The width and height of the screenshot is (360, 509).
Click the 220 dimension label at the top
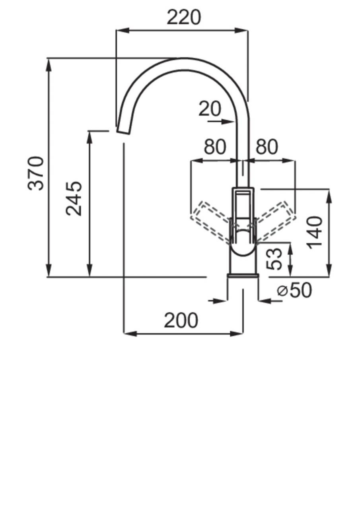coord(184,17)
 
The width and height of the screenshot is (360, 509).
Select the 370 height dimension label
coord(36,173)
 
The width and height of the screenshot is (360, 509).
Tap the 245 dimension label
coord(74,198)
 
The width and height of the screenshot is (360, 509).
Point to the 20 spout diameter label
coord(210,109)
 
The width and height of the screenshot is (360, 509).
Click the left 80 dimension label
coord(215,147)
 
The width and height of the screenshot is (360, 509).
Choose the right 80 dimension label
coord(267,147)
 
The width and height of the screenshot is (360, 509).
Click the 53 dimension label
coord(275,259)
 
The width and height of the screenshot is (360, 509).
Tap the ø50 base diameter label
coord(295,291)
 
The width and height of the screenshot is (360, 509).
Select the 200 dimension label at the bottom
coord(181,321)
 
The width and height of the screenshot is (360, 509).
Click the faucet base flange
coord(243,276)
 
